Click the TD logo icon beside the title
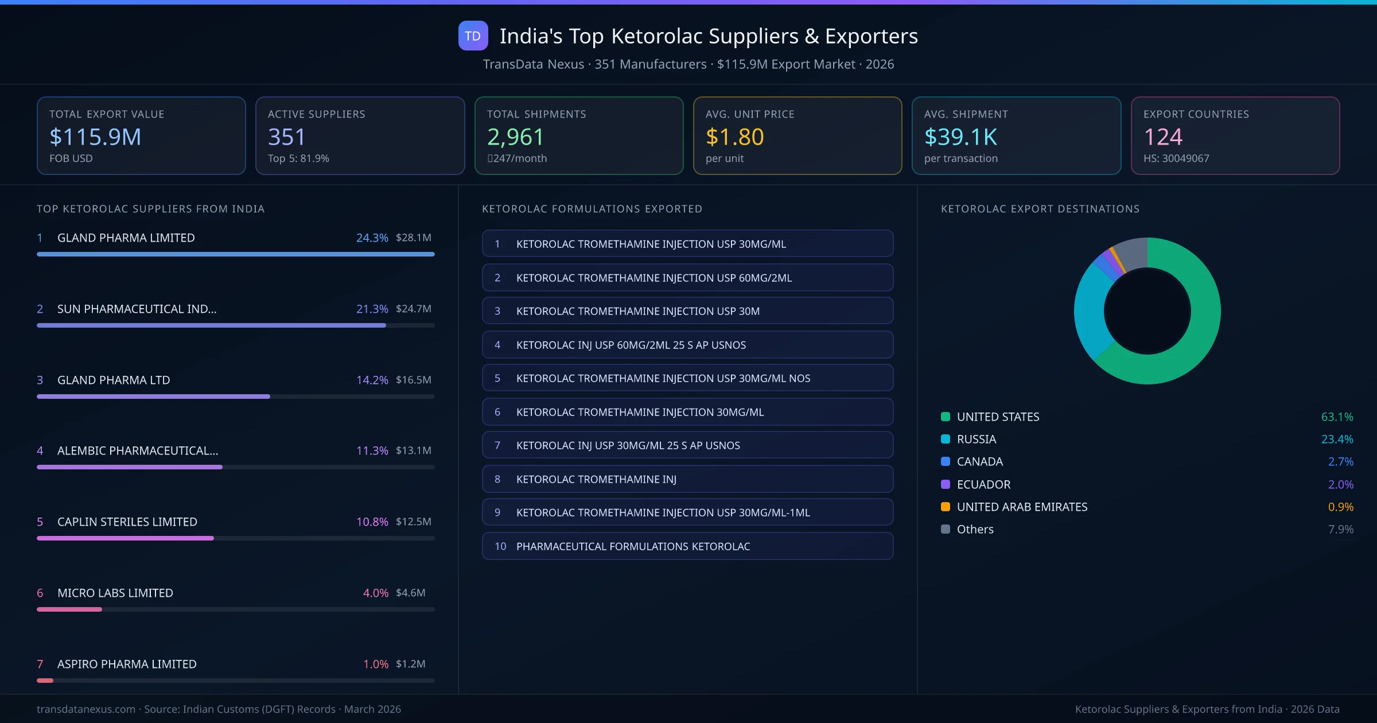473,36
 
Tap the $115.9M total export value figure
95,137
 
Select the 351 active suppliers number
286,137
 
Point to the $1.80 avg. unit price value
734,137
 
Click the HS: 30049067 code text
1176,158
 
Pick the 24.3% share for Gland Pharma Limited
372,238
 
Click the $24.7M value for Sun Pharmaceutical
413,309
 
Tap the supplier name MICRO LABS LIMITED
115,593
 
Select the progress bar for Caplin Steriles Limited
125,538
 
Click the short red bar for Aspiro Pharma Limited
45,681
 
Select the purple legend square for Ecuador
946,484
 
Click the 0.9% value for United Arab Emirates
1340,507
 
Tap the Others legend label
975,529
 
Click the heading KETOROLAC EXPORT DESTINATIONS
1040,209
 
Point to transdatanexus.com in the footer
86,709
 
